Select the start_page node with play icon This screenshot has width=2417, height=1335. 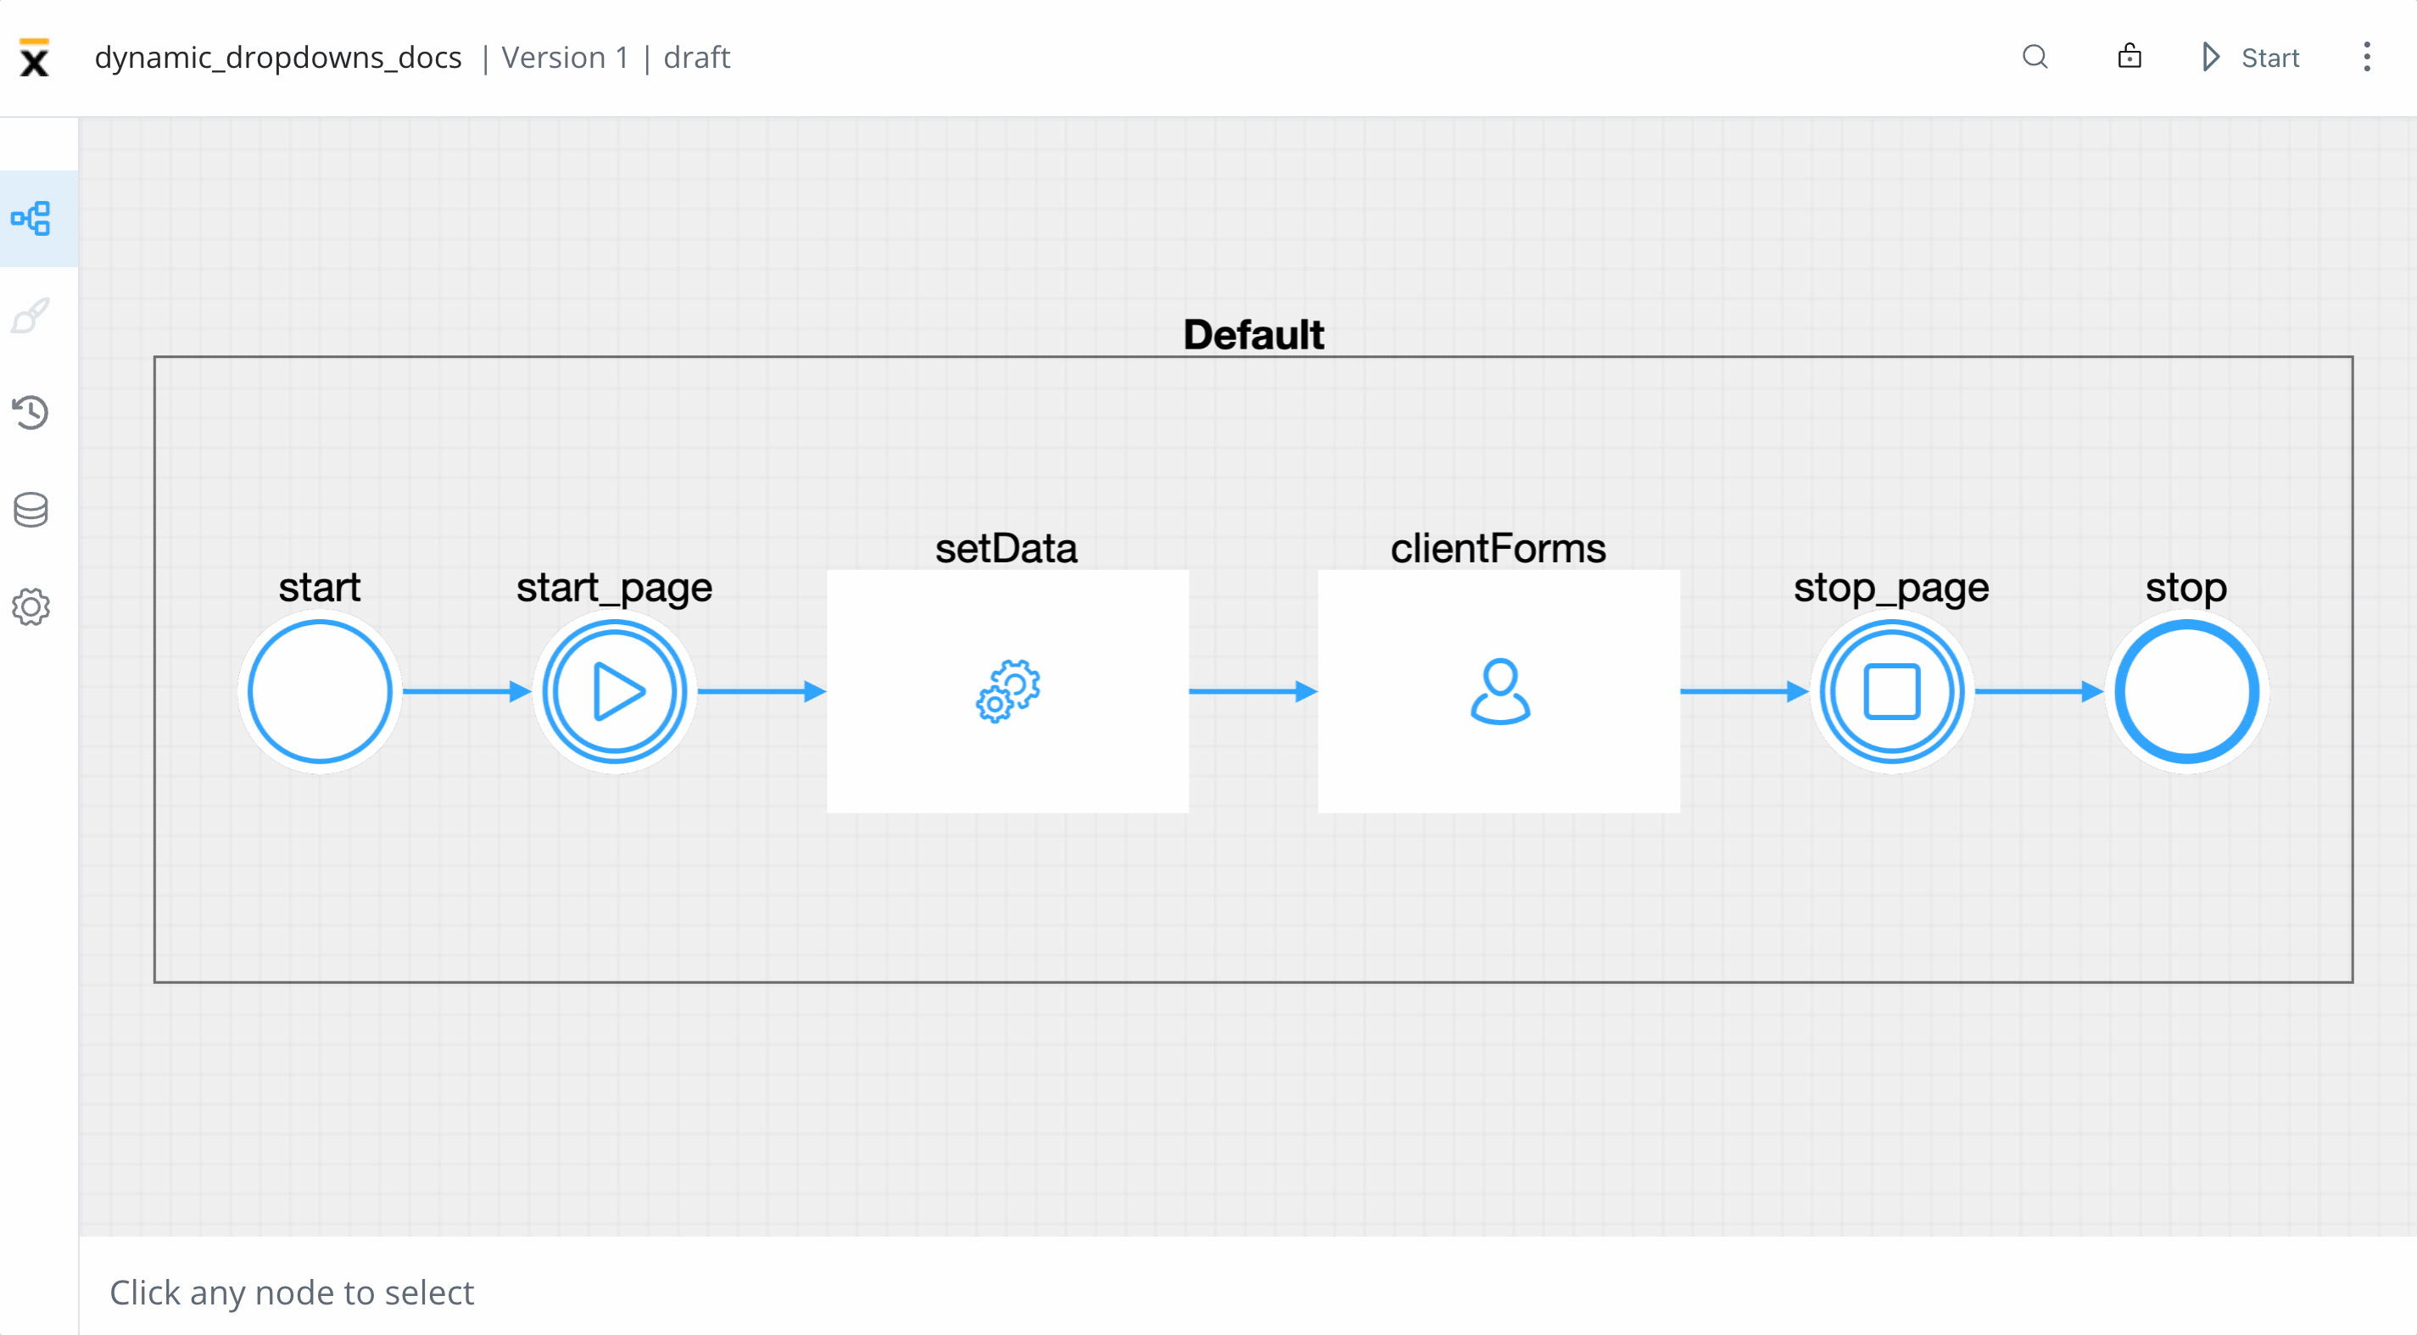615,691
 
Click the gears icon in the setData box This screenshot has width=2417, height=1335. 1008,691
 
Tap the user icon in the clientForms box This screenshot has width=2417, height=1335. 1499,691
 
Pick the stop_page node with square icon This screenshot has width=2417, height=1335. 1891,691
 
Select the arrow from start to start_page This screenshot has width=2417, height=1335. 466,691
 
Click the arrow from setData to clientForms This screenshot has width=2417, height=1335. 1253,691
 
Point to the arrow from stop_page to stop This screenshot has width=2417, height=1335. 2039,691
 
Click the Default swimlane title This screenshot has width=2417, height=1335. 1253,335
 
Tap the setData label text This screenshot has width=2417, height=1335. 1006,549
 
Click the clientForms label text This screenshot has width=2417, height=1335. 1498,549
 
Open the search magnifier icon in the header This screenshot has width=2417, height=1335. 2035,57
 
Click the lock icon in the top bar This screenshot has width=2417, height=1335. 2129,56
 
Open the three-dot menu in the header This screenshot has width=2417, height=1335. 2366,57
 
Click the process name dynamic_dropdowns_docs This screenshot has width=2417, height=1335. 277,59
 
